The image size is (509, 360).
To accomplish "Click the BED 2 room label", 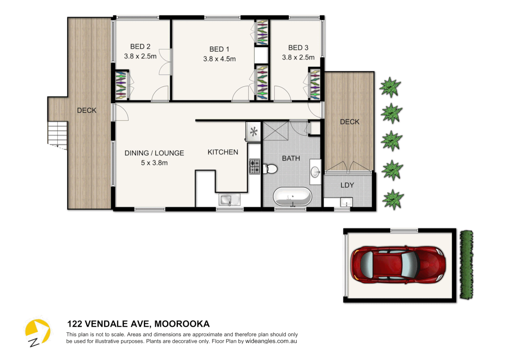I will click(140, 47).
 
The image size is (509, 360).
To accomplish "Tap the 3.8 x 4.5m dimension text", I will click(219, 59).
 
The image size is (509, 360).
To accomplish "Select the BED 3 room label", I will click(298, 48).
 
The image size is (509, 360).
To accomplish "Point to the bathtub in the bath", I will click(292, 197).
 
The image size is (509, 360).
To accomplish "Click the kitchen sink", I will click(229, 200).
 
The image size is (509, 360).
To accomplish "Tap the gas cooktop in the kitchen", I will click(255, 166).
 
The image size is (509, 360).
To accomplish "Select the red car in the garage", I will click(398, 265).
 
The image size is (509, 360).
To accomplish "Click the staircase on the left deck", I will click(58, 133).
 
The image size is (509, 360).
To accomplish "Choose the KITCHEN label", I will click(223, 152).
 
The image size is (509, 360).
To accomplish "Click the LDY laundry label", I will click(347, 185).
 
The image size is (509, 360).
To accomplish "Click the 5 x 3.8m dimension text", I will click(154, 163).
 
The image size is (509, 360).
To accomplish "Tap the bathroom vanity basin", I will click(315, 172).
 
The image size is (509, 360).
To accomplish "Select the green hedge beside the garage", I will click(466, 265).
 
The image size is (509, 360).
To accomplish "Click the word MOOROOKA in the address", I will click(182, 324).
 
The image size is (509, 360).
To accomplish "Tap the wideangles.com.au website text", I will click(271, 341).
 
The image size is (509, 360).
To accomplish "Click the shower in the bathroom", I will click(275, 131).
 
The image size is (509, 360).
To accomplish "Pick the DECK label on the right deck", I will click(349, 122).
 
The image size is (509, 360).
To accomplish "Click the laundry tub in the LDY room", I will click(346, 202).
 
